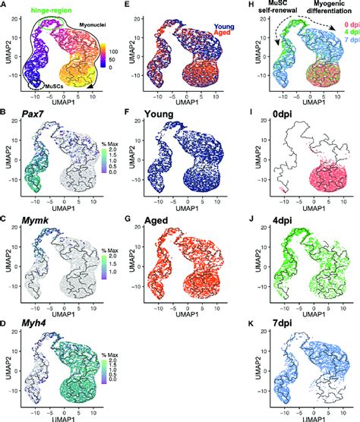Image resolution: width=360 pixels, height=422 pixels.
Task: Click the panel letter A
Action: pyautogui.click(x=5, y=5)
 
